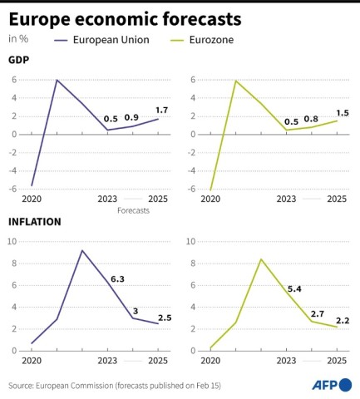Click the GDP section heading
tap(19, 60)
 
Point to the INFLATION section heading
tap(35, 222)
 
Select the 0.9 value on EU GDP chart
tap(131, 117)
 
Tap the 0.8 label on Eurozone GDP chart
tap(311, 119)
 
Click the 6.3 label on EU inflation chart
tap(117, 279)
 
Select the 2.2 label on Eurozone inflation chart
tap(343, 321)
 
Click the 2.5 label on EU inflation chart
tap(164, 317)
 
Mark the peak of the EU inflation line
tap(81, 250)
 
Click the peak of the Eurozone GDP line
tap(236, 81)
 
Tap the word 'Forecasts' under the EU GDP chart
tap(133, 210)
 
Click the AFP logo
tap(331, 385)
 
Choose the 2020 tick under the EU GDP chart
tap(31, 199)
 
